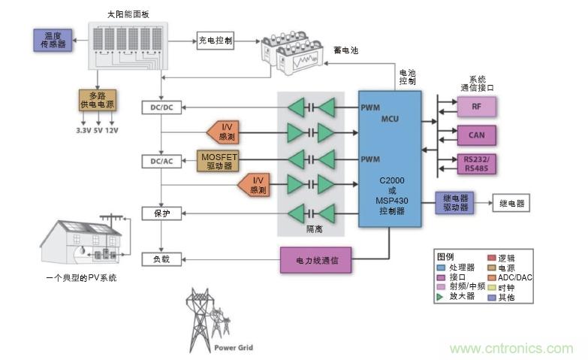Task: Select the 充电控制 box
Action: pos(216,40)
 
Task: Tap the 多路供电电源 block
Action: pos(98,101)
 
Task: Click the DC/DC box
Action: pos(161,107)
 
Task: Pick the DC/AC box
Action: pos(161,161)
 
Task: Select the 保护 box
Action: pos(161,213)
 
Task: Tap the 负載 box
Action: pos(161,259)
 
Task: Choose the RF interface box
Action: pos(477,107)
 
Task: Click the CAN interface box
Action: pos(477,135)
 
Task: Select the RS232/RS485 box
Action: pos(477,164)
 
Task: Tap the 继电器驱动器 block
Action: pos(454,203)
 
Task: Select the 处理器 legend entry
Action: pos(458,267)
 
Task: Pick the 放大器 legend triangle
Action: pos(441,297)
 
